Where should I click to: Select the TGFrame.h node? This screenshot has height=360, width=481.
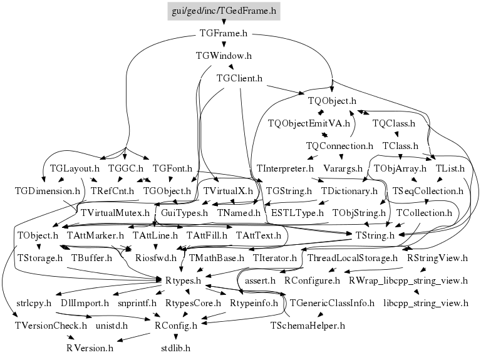(x=224, y=33)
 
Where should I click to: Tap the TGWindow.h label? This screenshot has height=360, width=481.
(x=224, y=56)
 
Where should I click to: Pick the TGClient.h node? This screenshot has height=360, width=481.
(x=239, y=78)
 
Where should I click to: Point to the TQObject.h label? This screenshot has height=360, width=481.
(x=332, y=101)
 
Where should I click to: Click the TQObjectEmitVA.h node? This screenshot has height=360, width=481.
(x=308, y=123)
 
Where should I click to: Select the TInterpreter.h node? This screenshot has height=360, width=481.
(x=285, y=168)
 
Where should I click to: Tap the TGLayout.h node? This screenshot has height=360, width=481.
(x=75, y=168)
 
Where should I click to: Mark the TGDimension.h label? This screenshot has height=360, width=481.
(x=48, y=190)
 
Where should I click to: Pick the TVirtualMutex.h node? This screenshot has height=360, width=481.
(x=116, y=213)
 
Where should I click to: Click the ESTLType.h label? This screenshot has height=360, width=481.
(x=294, y=213)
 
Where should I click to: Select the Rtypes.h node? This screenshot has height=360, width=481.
(x=183, y=280)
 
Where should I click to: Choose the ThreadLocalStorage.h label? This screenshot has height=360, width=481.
(x=353, y=257)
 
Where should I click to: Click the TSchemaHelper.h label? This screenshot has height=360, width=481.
(x=308, y=326)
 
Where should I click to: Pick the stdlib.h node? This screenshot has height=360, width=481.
(x=175, y=347)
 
